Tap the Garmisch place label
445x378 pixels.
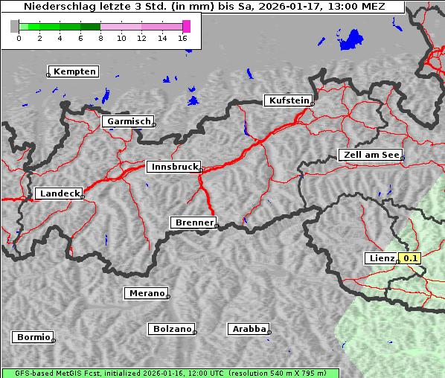129,121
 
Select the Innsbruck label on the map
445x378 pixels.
173,167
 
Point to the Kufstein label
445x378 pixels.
288,100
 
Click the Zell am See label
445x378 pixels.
370,155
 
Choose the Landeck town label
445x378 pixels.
59,193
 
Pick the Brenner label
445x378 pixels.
193,222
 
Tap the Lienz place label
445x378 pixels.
382,258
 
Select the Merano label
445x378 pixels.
146,293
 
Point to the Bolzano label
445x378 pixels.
172,329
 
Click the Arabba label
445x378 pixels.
249,329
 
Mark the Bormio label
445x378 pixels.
33,337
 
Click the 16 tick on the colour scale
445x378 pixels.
183,38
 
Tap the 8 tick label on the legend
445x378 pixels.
100,38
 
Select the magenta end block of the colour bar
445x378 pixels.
186,26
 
